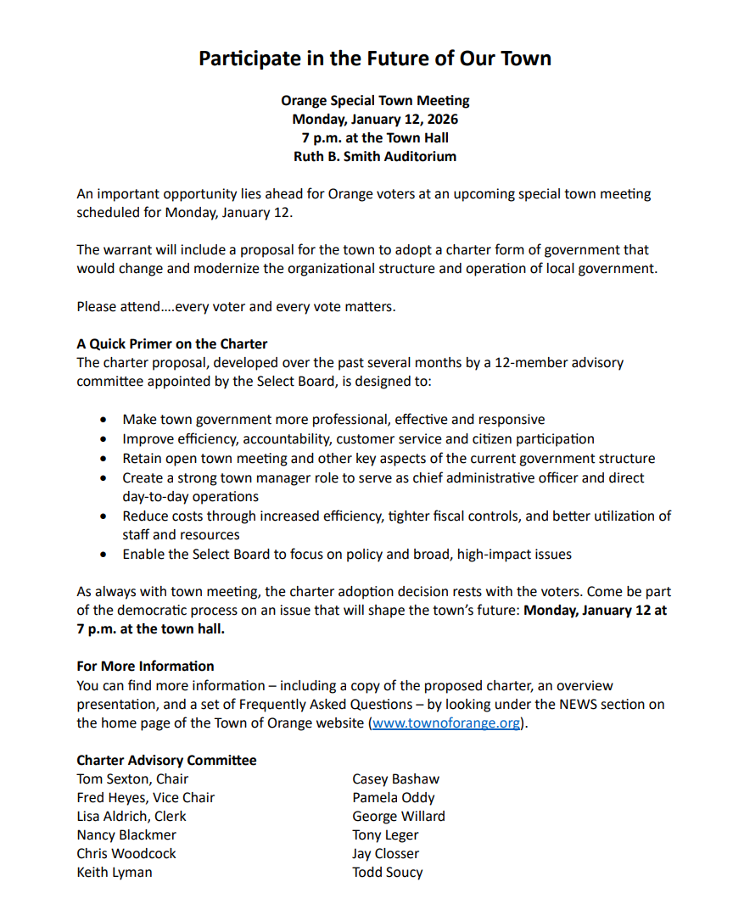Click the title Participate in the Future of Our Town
[374, 59]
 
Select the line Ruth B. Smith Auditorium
[374, 156]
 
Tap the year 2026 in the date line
[441, 119]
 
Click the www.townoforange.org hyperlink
[445, 723]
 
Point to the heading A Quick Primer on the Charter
[171, 343]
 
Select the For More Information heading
[145, 666]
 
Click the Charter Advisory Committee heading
[166, 760]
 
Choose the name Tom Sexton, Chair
[132, 778]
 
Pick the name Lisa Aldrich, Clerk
[131, 816]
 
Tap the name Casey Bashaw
[396, 778]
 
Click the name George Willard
[399, 816]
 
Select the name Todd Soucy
[388, 872]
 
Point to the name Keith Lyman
[115, 872]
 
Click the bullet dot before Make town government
[104, 420]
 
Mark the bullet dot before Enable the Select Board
[104, 555]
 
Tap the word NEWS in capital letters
[581, 705]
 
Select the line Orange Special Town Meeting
[375, 100]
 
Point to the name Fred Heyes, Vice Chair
[145, 797]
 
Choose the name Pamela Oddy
[394, 797]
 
